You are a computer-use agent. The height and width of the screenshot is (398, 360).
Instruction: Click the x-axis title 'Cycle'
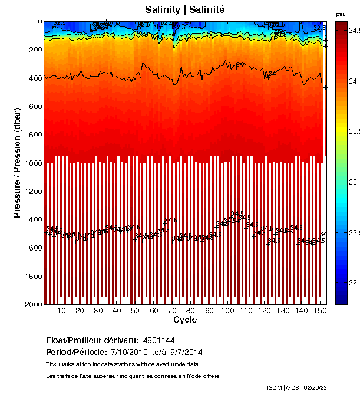185,320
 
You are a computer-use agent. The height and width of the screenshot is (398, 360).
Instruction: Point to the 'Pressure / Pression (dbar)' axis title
17,163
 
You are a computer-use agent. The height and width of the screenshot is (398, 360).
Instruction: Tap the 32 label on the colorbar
353,284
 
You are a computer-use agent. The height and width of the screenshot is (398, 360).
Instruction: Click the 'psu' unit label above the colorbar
341,14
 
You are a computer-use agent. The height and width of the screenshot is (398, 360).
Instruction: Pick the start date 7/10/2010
130,352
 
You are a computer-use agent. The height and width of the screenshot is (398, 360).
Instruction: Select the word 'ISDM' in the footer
275,387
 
